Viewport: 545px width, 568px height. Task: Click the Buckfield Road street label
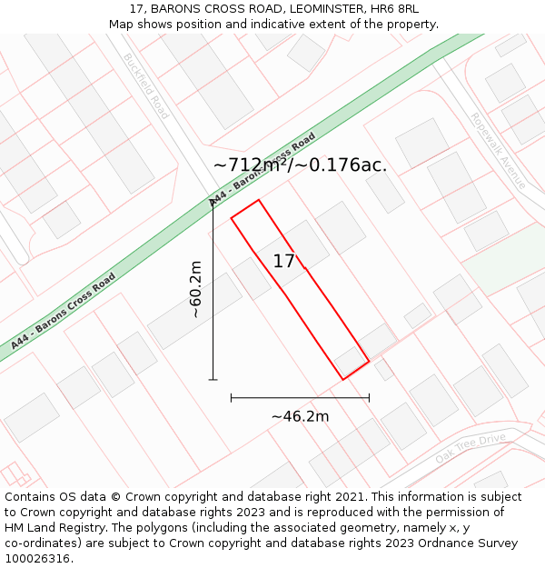click(146, 86)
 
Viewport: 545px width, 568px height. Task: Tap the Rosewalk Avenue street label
click(498, 150)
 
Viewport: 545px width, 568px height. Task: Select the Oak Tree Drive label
click(470, 448)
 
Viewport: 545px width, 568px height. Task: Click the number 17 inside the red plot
click(283, 262)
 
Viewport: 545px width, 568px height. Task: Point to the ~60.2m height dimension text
click(194, 289)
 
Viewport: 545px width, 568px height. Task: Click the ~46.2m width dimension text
click(300, 416)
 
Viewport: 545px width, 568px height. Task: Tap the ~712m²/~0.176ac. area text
click(300, 165)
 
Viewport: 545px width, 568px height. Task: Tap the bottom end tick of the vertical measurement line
click(213, 379)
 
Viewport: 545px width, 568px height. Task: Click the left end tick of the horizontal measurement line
click(232, 397)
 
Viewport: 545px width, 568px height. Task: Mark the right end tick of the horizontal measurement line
click(369, 397)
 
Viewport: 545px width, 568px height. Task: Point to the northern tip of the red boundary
click(259, 200)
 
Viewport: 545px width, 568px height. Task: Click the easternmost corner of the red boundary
click(369, 362)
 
